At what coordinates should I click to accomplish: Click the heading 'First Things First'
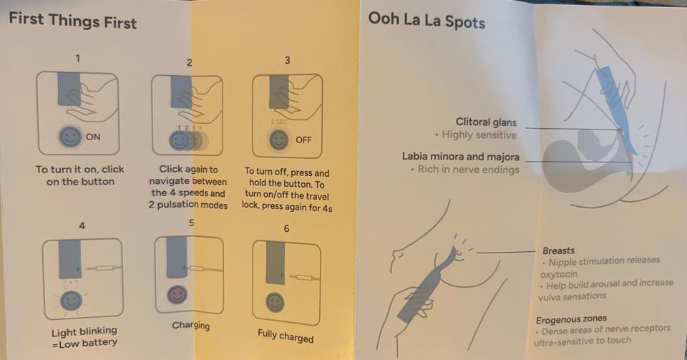(x=73, y=21)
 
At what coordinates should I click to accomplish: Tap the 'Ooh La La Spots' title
(x=427, y=21)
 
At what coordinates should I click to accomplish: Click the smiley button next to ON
(x=70, y=137)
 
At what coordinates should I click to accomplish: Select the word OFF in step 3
(x=303, y=140)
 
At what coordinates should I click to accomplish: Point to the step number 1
(x=78, y=58)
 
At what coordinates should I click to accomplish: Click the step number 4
(x=82, y=225)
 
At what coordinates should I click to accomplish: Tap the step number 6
(x=286, y=228)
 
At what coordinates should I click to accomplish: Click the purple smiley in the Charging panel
(x=177, y=294)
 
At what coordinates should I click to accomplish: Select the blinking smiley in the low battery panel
(x=71, y=301)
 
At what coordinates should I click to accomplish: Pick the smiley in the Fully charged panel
(x=275, y=302)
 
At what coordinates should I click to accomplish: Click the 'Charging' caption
(x=191, y=326)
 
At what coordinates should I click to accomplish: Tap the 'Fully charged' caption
(x=286, y=336)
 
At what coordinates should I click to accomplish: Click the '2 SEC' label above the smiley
(x=279, y=122)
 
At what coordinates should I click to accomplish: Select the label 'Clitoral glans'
(x=486, y=122)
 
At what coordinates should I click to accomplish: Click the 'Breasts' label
(x=558, y=251)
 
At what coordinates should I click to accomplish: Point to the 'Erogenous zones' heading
(x=571, y=319)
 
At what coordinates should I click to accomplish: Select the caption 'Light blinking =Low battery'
(x=84, y=337)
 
